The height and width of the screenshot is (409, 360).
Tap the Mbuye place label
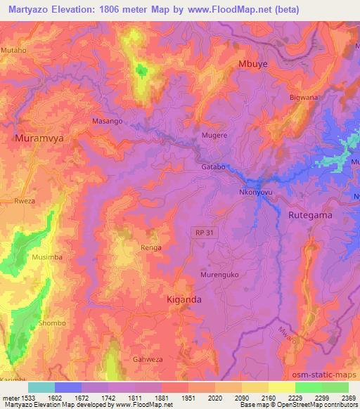point(254,64)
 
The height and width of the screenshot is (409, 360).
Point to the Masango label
point(108,121)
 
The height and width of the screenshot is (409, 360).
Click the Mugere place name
point(214,134)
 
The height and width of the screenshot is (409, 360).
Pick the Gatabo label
point(214,167)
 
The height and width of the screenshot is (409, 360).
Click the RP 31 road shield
point(202,231)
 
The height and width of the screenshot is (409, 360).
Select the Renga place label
point(150,247)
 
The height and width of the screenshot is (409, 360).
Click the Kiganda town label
point(184,299)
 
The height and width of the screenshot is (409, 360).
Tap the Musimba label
point(49,257)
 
